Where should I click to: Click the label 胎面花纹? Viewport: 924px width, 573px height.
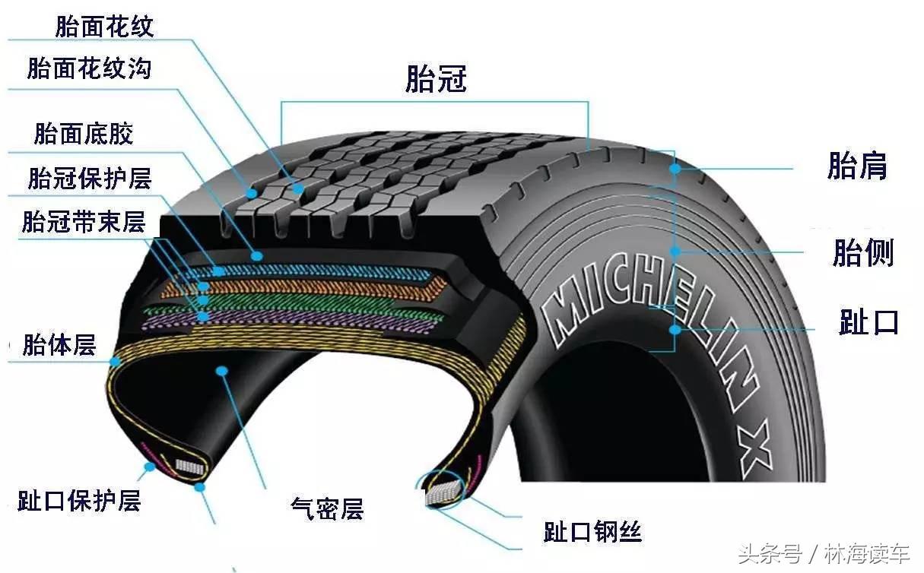point(104,27)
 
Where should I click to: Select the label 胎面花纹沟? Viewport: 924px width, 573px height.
point(89,68)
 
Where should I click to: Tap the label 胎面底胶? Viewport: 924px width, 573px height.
point(84,134)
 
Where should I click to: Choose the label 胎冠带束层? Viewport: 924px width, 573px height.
point(84,222)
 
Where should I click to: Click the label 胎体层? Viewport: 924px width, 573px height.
point(59,345)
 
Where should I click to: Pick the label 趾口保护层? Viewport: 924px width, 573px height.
point(79,501)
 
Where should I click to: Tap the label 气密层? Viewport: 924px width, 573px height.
point(327,508)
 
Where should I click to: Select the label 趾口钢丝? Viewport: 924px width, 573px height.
point(592,531)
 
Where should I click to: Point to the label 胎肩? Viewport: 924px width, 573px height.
point(857,166)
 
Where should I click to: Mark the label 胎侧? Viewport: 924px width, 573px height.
point(862,253)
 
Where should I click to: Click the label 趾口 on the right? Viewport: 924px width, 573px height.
point(868,322)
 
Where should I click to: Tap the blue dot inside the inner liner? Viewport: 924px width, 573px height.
point(222,371)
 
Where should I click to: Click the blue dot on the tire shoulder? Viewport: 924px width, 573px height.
point(675,169)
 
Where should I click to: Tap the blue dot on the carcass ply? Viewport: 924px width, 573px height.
point(116,361)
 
